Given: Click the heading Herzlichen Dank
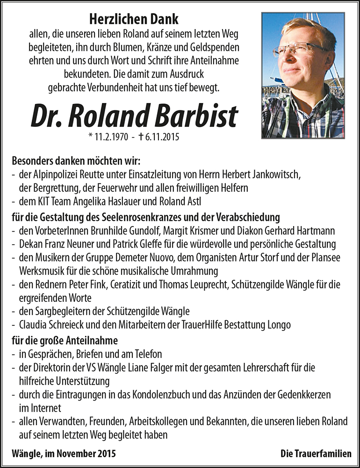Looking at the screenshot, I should pyautogui.click(x=134, y=19).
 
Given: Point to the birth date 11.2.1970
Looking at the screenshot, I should pyautogui.click(x=108, y=138).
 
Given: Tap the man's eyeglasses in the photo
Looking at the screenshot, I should pyautogui.click(x=299, y=50).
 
